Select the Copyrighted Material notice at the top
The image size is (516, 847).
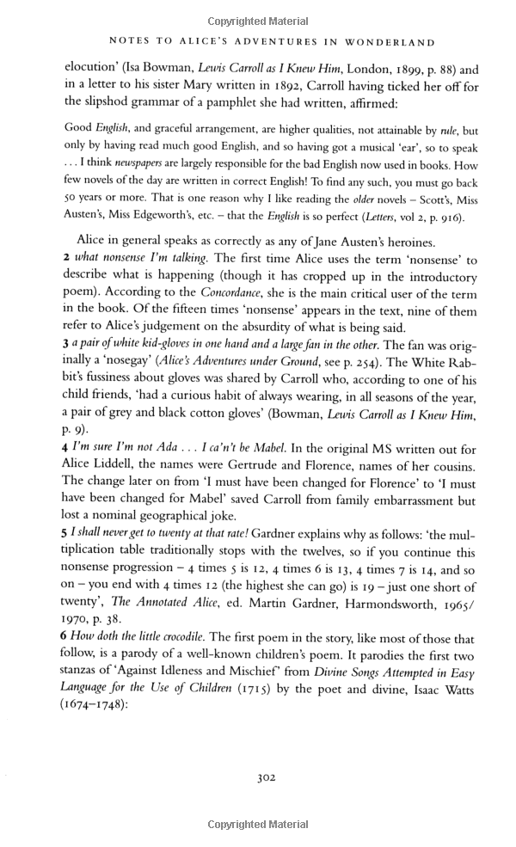click(x=258, y=21)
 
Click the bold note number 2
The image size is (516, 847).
click(x=67, y=259)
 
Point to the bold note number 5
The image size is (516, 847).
click(x=67, y=533)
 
